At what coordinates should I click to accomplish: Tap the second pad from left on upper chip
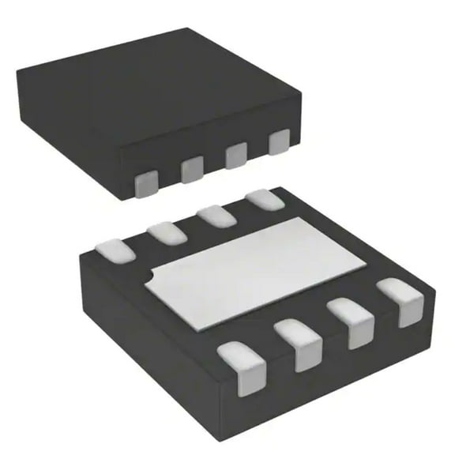(x=191, y=168)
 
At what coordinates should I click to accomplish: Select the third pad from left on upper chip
(x=235, y=156)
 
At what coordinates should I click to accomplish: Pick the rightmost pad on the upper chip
(x=278, y=142)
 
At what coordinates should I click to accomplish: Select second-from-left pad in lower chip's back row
(x=164, y=232)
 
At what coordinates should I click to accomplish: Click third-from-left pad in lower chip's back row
(x=212, y=214)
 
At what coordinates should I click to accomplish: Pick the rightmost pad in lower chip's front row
(x=404, y=300)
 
